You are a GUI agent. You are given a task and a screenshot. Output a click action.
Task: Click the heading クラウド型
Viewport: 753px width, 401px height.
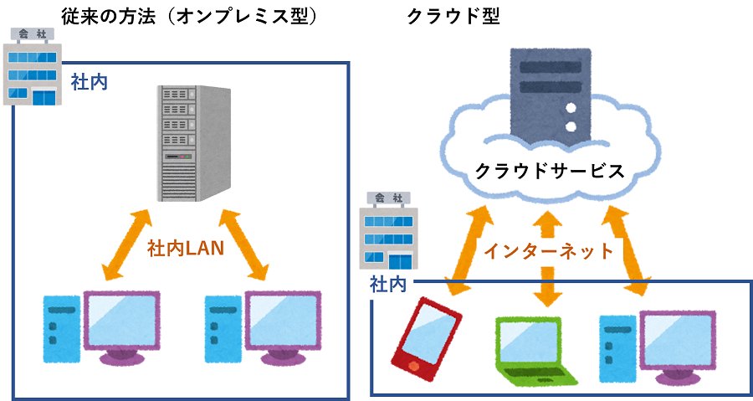click(453, 16)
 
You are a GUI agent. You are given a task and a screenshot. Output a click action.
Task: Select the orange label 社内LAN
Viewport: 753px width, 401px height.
click(186, 249)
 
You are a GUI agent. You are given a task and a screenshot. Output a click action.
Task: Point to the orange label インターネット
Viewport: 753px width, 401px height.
click(549, 249)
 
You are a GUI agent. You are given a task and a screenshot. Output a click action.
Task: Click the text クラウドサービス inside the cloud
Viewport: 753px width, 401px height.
click(549, 171)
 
